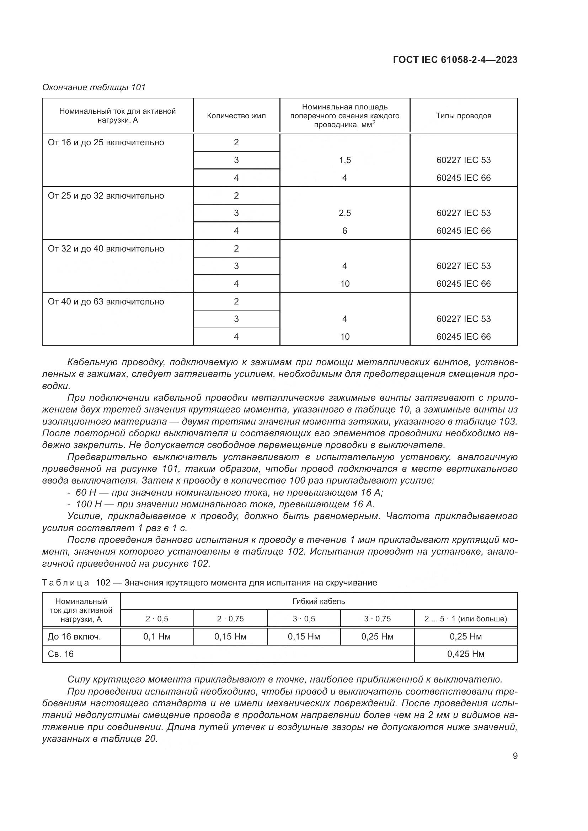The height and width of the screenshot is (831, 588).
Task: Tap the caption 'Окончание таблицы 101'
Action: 94,87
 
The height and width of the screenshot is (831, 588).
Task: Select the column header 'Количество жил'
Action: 236,116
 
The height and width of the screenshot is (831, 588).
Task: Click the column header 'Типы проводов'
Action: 464,116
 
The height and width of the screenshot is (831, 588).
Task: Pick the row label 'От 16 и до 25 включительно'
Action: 106,142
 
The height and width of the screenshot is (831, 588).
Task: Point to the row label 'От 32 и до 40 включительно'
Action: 106,249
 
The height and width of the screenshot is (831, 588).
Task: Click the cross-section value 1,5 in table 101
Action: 345,160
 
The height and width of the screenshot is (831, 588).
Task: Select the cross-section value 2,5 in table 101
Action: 345,213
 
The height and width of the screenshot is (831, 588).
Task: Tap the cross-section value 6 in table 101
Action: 345,231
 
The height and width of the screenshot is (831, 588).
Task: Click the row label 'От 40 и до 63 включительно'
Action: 106,302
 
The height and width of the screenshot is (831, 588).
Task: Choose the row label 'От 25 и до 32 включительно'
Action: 106,196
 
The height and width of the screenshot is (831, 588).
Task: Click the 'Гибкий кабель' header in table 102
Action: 319,601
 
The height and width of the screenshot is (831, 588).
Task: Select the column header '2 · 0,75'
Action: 230,619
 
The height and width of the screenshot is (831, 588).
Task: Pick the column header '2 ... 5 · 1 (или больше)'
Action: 466,619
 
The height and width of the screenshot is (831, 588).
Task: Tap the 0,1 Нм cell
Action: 157,636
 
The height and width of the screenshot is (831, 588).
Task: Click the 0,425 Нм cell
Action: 466,654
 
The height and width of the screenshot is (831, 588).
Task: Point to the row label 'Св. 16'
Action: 61,654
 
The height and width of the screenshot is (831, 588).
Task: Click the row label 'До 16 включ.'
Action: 74,636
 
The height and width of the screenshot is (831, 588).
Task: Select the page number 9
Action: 515,756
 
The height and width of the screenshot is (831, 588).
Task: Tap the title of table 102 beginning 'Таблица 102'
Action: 210,582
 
